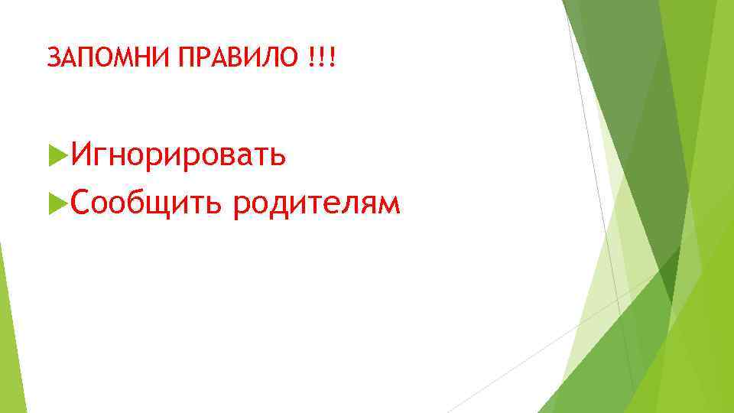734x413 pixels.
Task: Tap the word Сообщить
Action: click(x=148, y=203)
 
